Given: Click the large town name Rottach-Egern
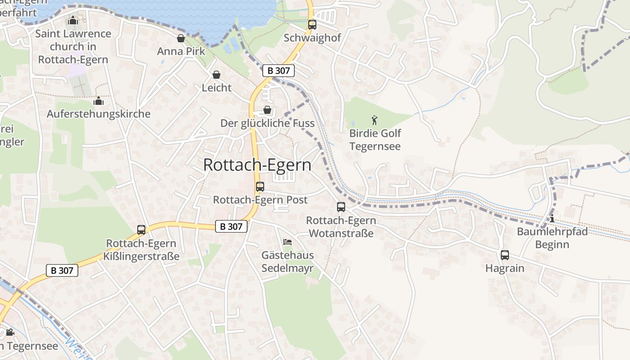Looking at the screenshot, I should pos(257,165).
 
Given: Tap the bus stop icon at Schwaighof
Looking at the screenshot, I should pos(312,25).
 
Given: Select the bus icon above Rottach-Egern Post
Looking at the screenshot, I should pos(260,187).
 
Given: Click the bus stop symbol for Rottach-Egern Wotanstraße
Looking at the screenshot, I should pos(341,207).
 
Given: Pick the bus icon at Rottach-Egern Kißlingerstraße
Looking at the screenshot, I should pos(141,230).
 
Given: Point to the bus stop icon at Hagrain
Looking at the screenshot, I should pos(505,255).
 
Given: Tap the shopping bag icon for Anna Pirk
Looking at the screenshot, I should pos(181,38).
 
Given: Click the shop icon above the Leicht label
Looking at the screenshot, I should pos(216,75).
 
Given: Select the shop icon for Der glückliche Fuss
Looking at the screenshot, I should pos(267,110).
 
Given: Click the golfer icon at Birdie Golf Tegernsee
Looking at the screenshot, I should pos(374,120).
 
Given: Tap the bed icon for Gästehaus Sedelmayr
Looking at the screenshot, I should pos(288,242).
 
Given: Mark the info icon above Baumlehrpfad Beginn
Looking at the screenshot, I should pos(552,219).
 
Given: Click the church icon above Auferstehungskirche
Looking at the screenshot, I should pos(99,101).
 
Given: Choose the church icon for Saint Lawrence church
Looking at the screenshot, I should pos(73,20).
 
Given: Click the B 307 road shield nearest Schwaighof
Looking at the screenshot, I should pos(279,71).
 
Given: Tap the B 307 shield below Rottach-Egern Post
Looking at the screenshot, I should pos(231,226).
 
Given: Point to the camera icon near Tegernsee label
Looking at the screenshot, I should pos(10,333).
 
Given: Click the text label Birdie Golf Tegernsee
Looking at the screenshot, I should pos(375,140).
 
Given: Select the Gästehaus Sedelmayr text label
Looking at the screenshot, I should pos(288,262).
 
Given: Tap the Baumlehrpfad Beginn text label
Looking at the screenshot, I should pos(552,238).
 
